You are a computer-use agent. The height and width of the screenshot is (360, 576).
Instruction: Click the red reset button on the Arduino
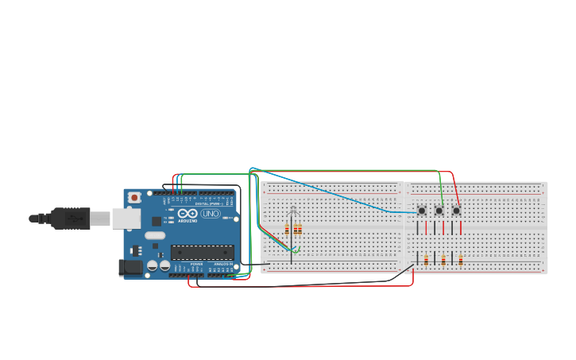pyautogui.click(x=134, y=197)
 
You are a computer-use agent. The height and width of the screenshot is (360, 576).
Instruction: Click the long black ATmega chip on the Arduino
pyautogui.click(x=202, y=252)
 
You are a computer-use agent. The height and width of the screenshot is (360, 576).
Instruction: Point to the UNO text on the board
pyautogui.click(x=211, y=214)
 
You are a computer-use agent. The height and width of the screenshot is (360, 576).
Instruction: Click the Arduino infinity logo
pyautogui.click(x=187, y=214)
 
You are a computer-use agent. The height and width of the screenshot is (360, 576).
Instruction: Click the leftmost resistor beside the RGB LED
pyautogui.click(x=287, y=230)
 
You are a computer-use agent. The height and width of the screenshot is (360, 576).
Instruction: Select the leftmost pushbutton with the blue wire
pyautogui.click(x=421, y=211)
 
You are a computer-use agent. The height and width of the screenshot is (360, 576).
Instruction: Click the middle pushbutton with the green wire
pyautogui.click(x=439, y=211)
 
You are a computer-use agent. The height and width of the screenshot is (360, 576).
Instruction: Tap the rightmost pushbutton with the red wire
pyautogui.click(x=456, y=211)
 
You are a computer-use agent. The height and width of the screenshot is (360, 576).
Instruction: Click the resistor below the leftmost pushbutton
pyautogui.click(x=426, y=260)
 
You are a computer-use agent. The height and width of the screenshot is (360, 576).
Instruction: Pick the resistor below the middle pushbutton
pyautogui.click(x=443, y=260)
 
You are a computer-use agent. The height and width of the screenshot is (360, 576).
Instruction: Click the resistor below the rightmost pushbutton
pyautogui.click(x=461, y=260)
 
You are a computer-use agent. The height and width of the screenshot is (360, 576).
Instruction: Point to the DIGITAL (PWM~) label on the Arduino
pyautogui.click(x=207, y=203)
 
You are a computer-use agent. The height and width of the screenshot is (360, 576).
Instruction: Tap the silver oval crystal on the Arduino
pyautogui.click(x=155, y=235)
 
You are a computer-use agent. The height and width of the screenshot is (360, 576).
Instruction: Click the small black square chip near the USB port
pyautogui.click(x=157, y=221)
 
